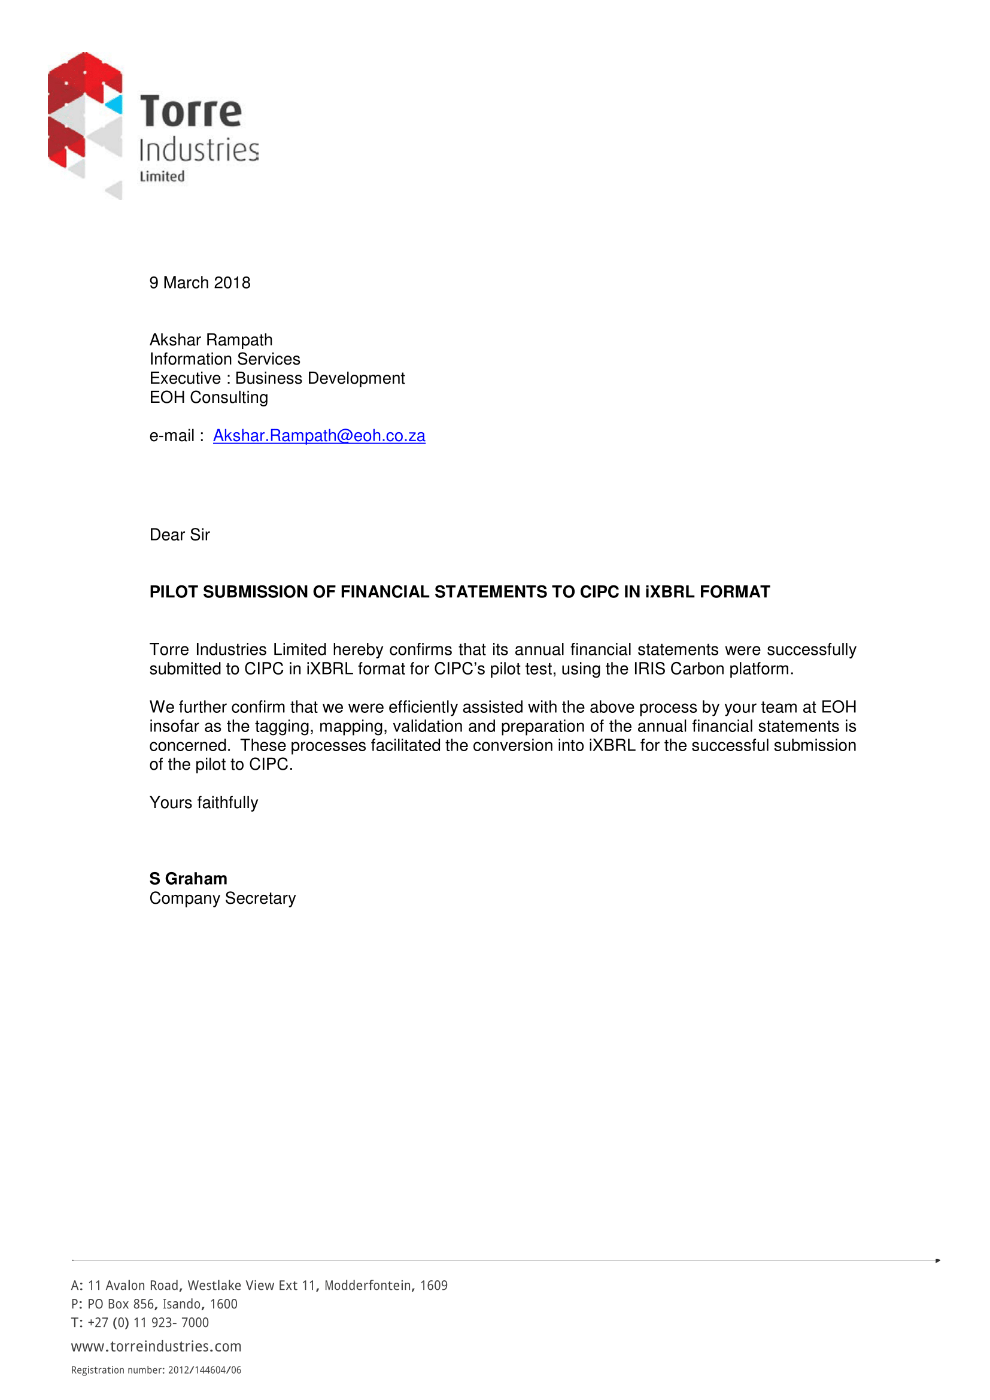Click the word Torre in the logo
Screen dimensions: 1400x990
[x=190, y=111]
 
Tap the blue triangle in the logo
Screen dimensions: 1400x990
[x=114, y=105]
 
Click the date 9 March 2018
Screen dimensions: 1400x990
[x=200, y=283]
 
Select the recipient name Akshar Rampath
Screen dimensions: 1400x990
[x=211, y=339]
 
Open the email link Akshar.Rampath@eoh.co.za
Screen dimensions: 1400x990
[x=319, y=436]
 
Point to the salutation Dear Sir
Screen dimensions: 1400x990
[x=179, y=535]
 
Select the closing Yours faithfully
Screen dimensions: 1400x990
[x=204, y=803]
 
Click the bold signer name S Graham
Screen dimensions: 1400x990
[x=189, y=879]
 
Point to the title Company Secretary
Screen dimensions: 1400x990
[x=223, y=898]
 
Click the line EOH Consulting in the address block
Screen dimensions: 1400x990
[x=208, y=397]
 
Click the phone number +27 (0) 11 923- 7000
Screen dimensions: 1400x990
[x=148, y=1323]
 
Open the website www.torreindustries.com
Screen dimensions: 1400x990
[x=156, y=1346]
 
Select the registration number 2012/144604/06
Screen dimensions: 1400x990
[x=205, y=1370]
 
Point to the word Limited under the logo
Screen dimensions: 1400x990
[x=162, y=176]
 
